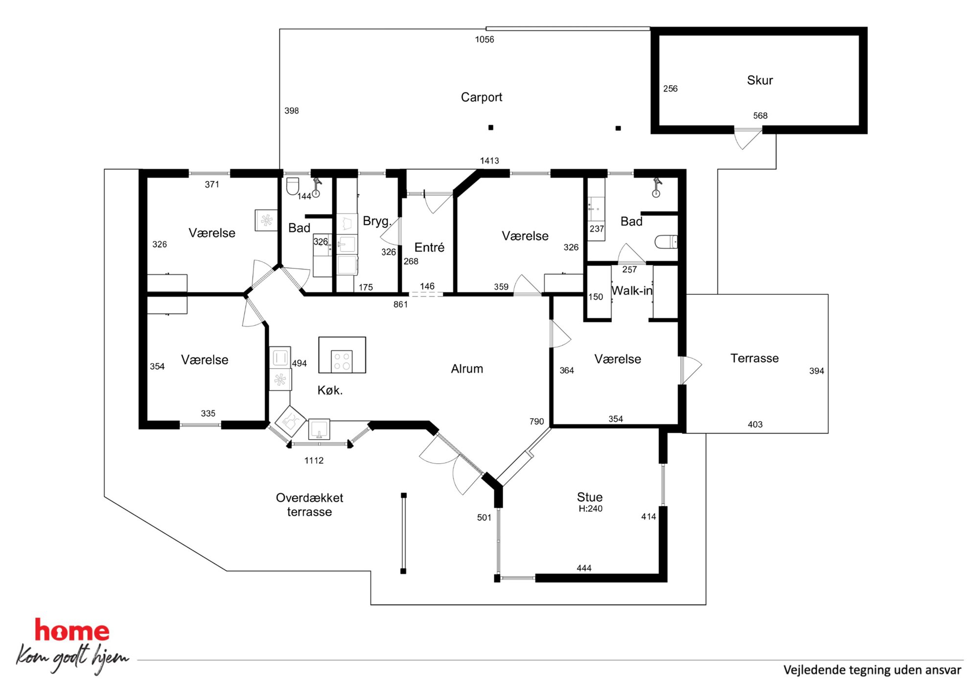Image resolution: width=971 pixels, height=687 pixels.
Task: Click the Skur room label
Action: (760, 80)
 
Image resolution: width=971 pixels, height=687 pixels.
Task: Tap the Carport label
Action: (482, 97)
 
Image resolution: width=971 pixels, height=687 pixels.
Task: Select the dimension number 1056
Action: (485, 40)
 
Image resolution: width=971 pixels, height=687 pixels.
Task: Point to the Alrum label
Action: (467, 369)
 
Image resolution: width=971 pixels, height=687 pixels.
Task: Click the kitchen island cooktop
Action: (342, 361)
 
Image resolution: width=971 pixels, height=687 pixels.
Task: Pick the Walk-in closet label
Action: (632, 290)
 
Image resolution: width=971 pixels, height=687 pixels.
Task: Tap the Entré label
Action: (429, 247)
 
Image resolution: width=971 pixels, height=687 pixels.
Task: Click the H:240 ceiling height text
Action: (590, 509)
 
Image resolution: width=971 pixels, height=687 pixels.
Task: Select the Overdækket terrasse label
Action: (309, 505)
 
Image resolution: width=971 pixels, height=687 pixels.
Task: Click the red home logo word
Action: (72, 631)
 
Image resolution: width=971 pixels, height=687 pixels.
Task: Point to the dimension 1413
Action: (489, 161)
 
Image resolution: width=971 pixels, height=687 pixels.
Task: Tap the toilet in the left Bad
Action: (293, 186)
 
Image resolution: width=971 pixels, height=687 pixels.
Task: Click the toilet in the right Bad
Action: (666, 241)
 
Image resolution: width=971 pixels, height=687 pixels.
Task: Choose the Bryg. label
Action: (377, 221)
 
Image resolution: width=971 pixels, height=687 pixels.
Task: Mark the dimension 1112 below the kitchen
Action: (314, 460)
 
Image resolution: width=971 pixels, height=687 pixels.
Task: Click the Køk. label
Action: (330, 390)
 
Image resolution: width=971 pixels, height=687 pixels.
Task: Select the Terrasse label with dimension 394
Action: (754, 358)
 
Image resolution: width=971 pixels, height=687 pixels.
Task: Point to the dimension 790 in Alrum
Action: (536, 422)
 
